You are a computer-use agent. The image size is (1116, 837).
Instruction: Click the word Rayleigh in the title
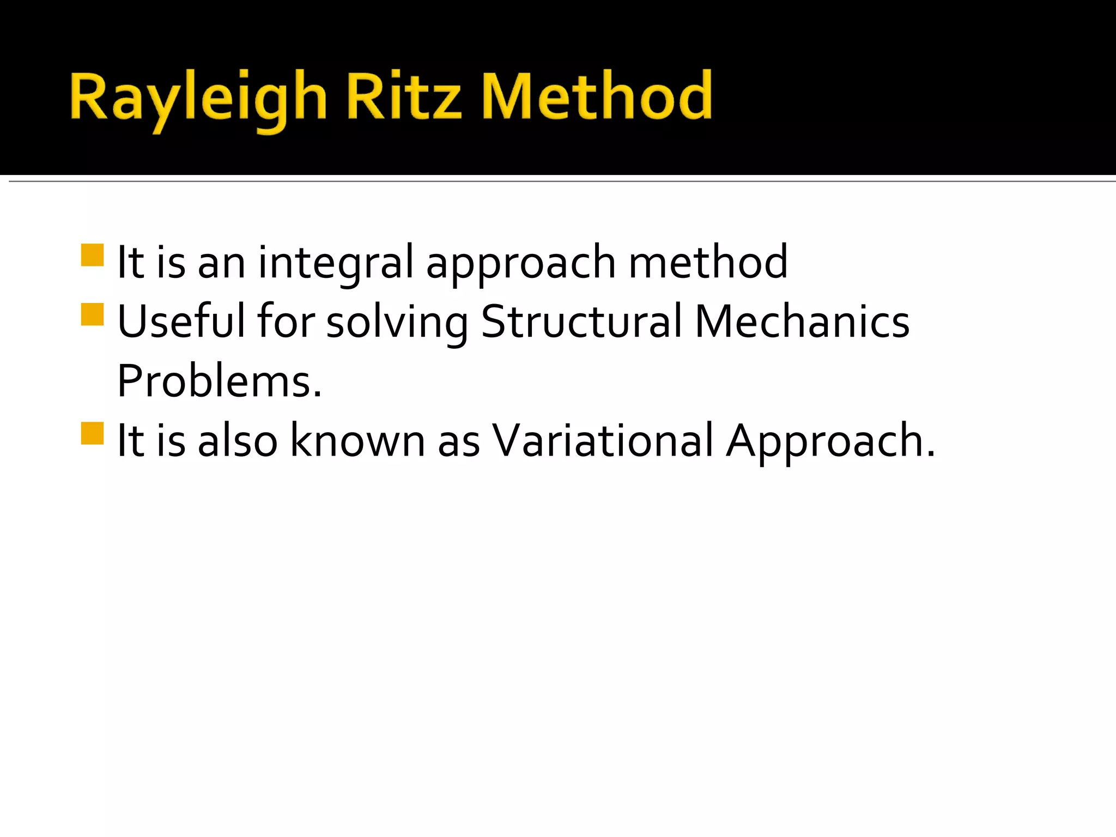[x=198, y=98]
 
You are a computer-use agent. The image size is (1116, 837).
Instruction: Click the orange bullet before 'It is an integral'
[x=92, y=255]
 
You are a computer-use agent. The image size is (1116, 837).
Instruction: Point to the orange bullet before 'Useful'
[x=92, y=314]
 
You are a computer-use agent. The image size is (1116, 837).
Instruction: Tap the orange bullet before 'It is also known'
[x=92, y=434]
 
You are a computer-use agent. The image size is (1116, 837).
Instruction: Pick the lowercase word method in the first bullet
[x=708, y=263]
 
